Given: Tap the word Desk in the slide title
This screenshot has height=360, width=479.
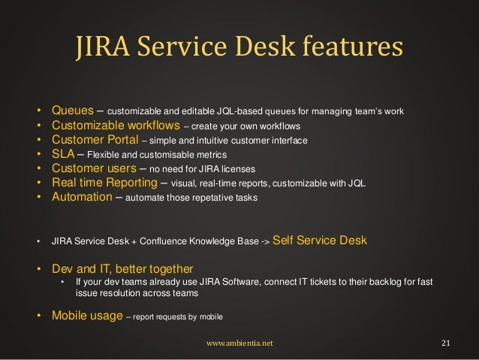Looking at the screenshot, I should click(x=273, y=48).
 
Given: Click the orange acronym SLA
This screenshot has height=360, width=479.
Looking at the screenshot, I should click(x=63, y=154).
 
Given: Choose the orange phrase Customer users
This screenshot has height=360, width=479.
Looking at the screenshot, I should click(x=93, y=168).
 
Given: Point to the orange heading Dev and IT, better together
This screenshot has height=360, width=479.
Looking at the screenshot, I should click(x=122, y=268).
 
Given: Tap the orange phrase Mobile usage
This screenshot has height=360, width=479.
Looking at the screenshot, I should click(x=86, y=316).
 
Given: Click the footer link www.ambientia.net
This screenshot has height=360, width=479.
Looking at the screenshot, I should click(x=239, y=343).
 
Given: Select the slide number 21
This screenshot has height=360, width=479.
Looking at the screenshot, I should click(x=445, y=343).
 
